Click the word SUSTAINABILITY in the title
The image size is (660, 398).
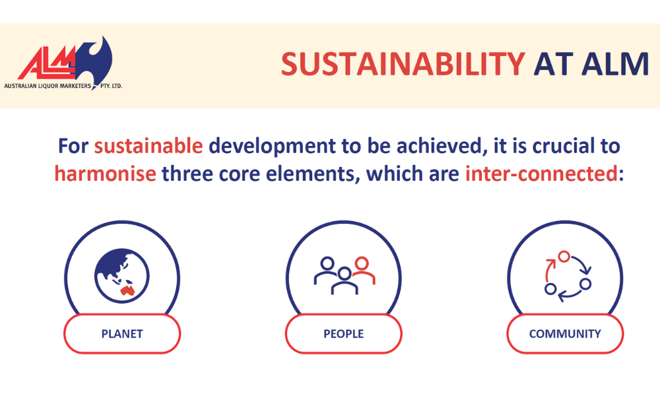point(403,64)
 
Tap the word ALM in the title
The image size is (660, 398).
point(615,64)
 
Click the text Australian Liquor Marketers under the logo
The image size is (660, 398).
point(48,86)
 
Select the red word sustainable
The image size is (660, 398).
point(148,146)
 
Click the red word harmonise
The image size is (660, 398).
point(105,174)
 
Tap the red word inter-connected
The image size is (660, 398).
point(541,174)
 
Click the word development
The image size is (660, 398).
point(273,147)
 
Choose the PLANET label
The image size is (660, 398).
point(122,333)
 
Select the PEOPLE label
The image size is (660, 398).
point(343,333)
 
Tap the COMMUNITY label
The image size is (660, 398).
point(565,333)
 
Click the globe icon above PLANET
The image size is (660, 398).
point(122,276)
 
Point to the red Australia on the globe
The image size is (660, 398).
point(127,290)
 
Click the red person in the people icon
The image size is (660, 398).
point(363,271)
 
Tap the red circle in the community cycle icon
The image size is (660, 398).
point(564,256)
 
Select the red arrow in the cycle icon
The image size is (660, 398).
point(548,269)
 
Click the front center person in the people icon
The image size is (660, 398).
point(345,281)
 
